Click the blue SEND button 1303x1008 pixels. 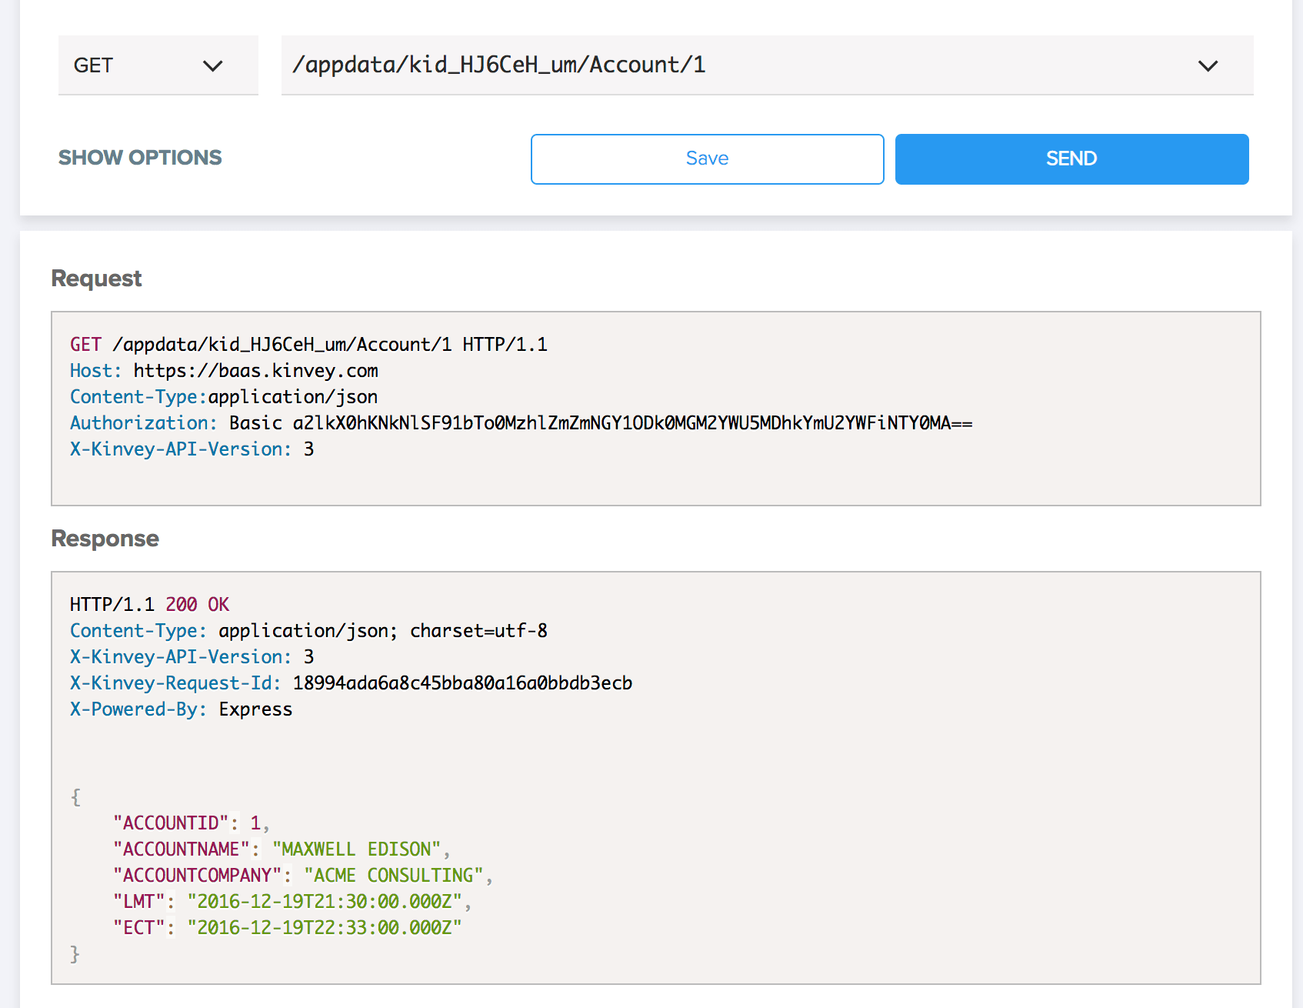coord(1071,159)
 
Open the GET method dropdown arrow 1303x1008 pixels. coord(213,66)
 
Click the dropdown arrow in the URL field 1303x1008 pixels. coord(1208,66)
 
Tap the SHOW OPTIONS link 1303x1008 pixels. coord(140,158)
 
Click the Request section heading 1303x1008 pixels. coord(96,279)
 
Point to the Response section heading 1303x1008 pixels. coord(105,539)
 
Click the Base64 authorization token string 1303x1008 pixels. coord(632,423)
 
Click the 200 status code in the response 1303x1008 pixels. coord(182,605)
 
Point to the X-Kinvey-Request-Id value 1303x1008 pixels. coord(462,683)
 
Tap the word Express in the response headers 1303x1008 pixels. coord(255,709)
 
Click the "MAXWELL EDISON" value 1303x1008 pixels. coord(356,849)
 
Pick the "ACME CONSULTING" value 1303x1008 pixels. coord(394,876)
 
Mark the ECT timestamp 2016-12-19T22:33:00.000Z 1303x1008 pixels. coord(325,928)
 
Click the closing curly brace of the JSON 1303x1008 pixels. coord(75,954)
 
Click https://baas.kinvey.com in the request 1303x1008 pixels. coord(256,371)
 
